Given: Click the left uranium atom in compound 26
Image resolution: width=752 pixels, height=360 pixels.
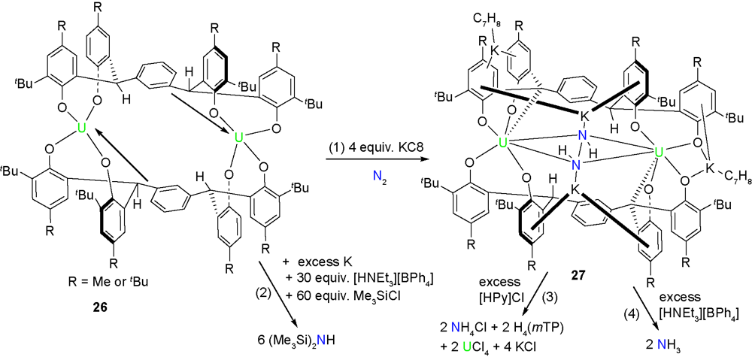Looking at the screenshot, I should pyautogui.click(x=82, y=130).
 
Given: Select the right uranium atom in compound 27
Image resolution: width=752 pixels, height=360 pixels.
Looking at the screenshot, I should pyautogui.click(x=660, y=153).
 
